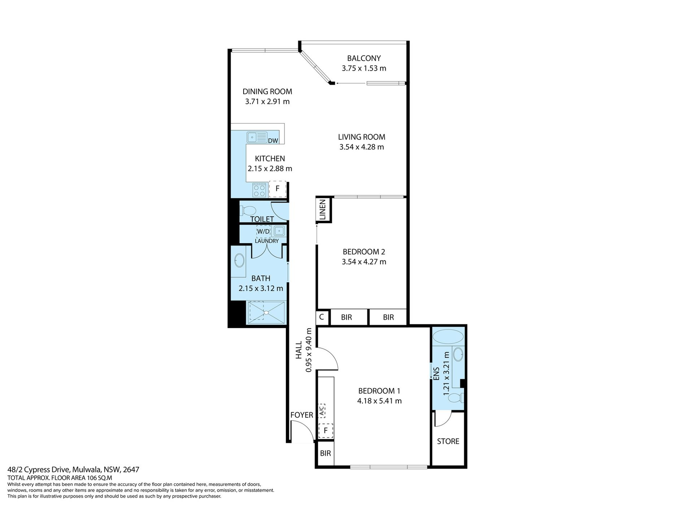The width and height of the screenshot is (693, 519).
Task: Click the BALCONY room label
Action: [x=364, y=58]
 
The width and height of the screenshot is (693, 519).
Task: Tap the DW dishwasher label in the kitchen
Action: [x=273, y=141]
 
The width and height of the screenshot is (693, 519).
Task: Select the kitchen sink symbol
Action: [x=257, y=137]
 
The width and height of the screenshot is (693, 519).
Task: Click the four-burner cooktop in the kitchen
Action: [x=260, y=190]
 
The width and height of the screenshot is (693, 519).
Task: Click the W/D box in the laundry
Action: [x=263, y=231]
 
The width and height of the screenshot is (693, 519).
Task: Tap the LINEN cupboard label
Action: [x=323, y=209]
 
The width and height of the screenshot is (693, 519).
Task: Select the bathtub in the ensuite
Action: [x=448, y=337]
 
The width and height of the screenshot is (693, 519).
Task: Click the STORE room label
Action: [x=448, y=442]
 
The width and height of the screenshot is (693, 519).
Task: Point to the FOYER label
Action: [x=302, y=415]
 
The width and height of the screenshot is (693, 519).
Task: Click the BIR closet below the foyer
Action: [x=326, y=453]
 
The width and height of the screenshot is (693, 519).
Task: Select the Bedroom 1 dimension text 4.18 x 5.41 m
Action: [x=379, y=401]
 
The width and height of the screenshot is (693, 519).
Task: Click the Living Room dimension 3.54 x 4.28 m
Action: [x=362, y=147]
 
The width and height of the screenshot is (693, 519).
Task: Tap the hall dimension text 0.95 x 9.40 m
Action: [x=309, y=350]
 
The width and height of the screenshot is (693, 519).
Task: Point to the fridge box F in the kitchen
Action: [x=278, y=188]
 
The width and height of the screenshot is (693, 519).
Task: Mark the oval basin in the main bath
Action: [x=239, y=260]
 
